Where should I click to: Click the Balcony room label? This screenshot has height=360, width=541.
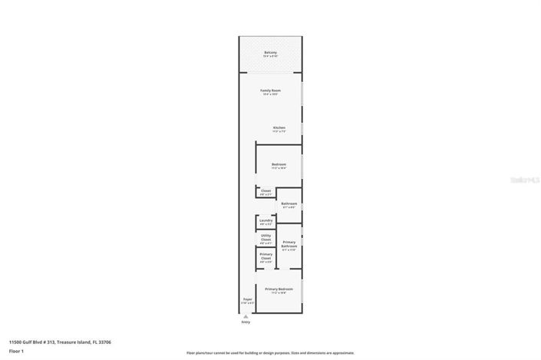click(x=270, y=52)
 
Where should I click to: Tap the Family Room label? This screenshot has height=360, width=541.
click(x=270, y=91)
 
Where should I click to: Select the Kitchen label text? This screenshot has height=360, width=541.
click(x=279, y=127)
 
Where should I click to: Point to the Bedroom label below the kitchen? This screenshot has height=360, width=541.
click(x=279, y=164)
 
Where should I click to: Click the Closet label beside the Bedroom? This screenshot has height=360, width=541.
click(x=266, y=190)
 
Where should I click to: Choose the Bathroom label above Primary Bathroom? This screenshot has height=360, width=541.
click(x=289, y=203)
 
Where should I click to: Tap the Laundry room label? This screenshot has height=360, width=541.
click(x=266, y=220)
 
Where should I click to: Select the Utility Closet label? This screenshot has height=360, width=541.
click(x=266, y=237)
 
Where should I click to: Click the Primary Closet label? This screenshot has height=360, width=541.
click(x=266, y=256)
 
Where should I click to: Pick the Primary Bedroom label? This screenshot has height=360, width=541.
click(x=279, y=289)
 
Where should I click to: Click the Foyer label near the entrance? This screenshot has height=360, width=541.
click(x=247, y=299)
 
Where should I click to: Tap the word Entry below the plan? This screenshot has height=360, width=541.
click(x=246, y=322)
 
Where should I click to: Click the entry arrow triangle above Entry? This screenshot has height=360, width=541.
click(x=246, y=315)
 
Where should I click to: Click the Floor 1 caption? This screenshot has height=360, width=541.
click(x=16, y=351)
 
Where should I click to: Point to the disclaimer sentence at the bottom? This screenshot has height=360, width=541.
click(x=269, y=353)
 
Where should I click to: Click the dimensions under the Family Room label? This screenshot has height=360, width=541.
click(x=270, y=94)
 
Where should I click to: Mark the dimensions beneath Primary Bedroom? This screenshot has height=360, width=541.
click(x=279, y=292)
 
